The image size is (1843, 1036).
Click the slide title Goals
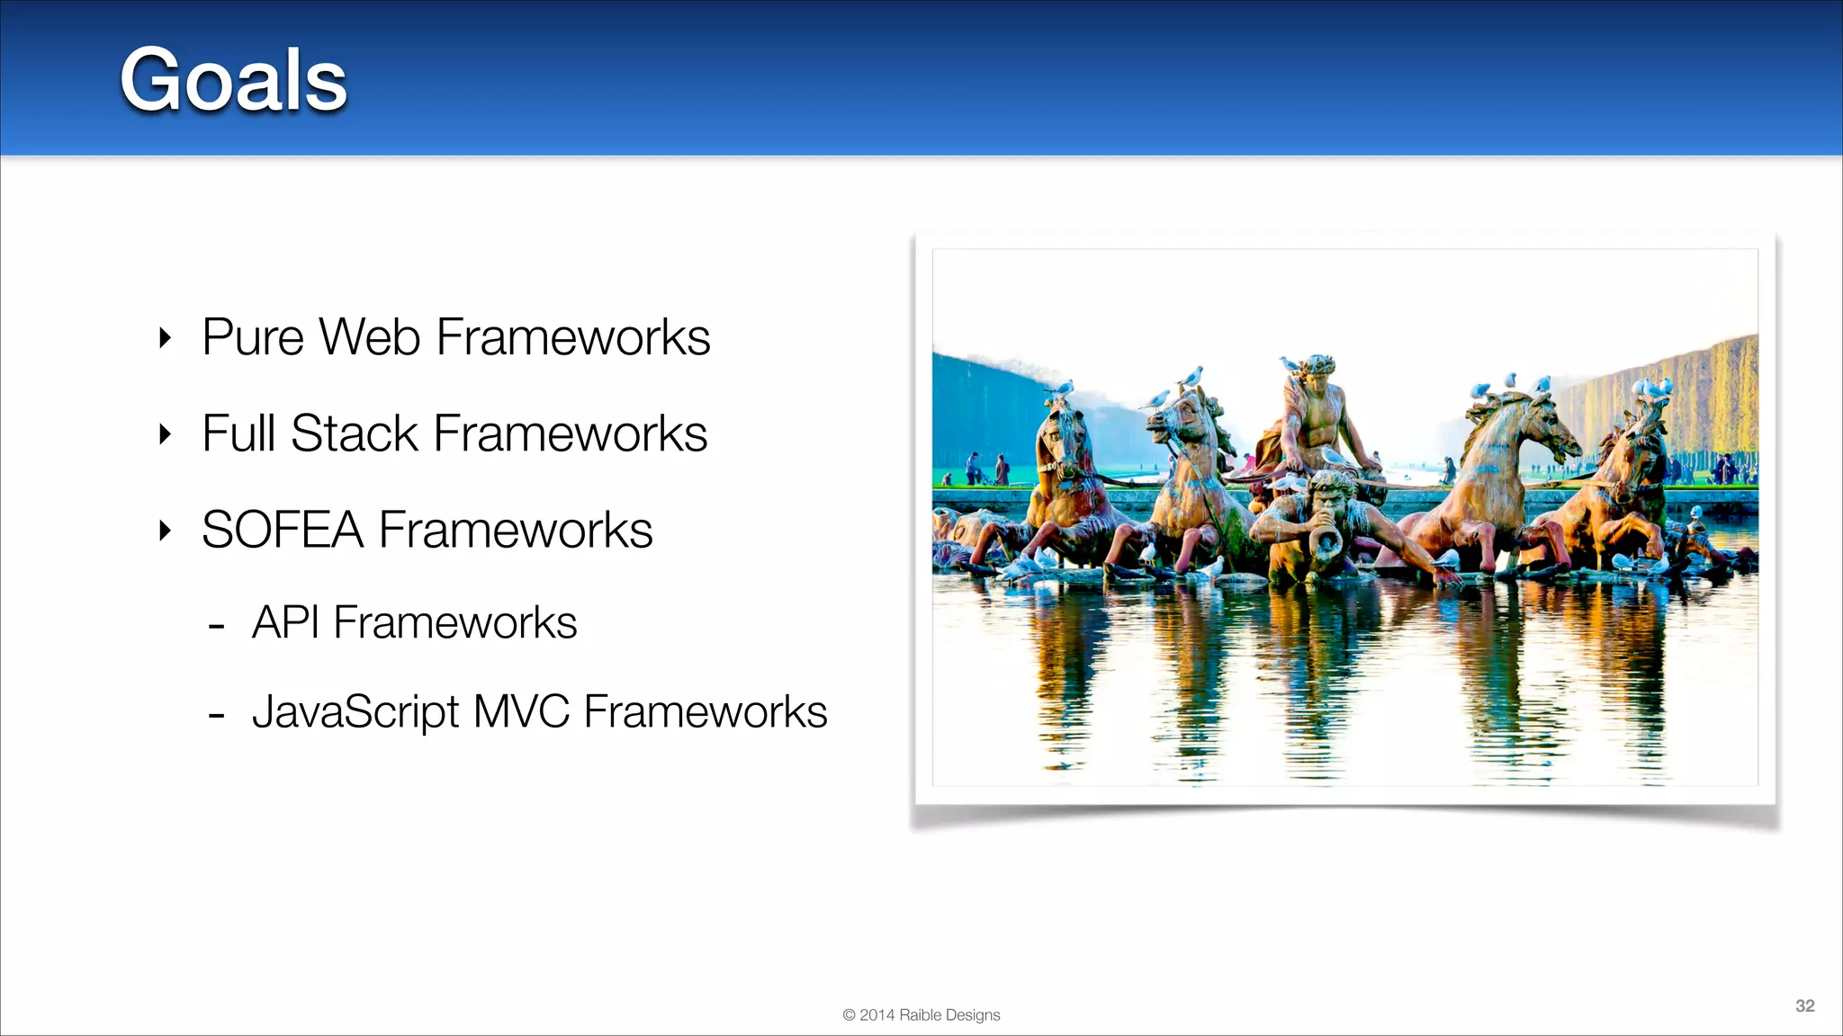click(x=233, y=81)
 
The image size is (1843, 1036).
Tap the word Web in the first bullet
click(x=370, y=337)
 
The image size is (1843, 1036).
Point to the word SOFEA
click(x=283, y=530)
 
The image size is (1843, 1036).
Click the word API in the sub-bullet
click(x=285, y=622)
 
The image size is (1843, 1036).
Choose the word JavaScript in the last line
click(x=355, y=712)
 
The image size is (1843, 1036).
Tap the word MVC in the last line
click(x=521, y=711)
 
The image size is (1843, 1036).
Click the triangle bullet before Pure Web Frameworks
click(x=165, y=338)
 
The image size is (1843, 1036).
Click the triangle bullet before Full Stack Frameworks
click(x=165, y=434)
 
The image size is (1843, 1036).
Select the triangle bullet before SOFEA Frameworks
click(x=165, y=531)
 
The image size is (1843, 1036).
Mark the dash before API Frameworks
click(x=216, y=626)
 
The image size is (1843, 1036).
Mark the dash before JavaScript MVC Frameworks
click(x=216, y=716)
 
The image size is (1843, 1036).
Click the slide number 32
click(x=1804, y=1005)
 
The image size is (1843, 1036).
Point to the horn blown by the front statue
click(x=1323, y=540)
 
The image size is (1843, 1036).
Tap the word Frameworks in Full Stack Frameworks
click(x=571, y=433)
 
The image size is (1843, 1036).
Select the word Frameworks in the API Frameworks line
click(x=454, y=622)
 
